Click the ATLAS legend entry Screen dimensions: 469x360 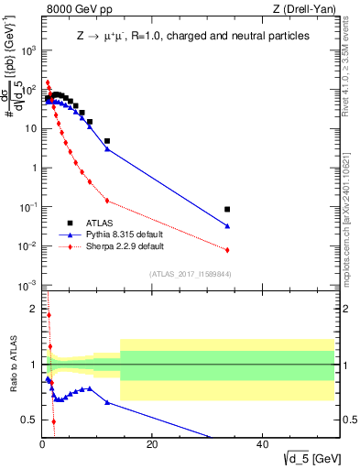[x=100, y=223]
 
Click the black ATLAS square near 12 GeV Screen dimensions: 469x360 [x=107, y=141]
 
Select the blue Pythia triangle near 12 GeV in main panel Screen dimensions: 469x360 [x=107, y=148]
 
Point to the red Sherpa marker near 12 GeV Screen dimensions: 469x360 [x=107, y=201]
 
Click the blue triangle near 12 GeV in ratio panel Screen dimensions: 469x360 [x=107, y=402]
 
